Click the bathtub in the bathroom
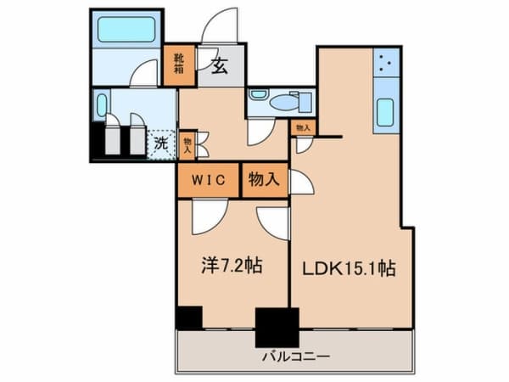pyautogui.click(x=126, y=29)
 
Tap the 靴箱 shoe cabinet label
pyautogui.click(x=179, y=64)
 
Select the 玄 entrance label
pyautogui.click(x=220, y=66)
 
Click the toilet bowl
pyautogui.click(x=285, y=103)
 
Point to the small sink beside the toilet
pyautogui.click(x=258, y=95)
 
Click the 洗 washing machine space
pyautogui.click(x=161, y=144)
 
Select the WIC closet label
pyautogui.click(x=208, y=180)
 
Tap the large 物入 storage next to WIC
pyautogui.click(x=264, y=179)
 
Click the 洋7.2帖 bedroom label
pyautogui.click(x=232, y=266)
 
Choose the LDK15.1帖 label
pyautogui.click(x=349, y=268)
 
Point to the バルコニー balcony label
pyautogui.click(x=296, y=357)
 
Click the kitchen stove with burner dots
pyautogui.click(x=386, y=62)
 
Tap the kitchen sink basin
pyautogui.click(x=385, y=112)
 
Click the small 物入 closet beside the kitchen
pyautogui.click(x=304, y=128)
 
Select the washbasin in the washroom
pyautogui.click(x=102, y=105)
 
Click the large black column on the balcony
pyautogui.click(x=277, y=328)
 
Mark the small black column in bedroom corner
pyautogui.click(x=189, y=317)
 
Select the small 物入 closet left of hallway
pyautogui.click(x=187, y=145)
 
